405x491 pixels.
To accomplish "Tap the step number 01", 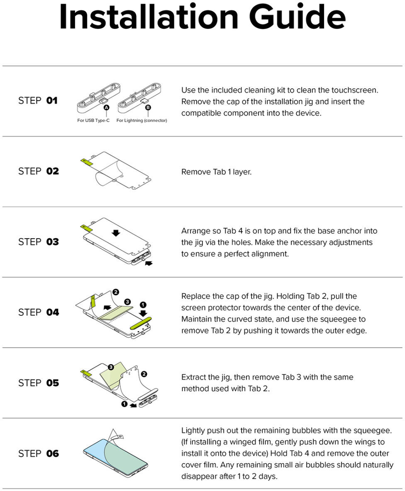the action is click(52, 101).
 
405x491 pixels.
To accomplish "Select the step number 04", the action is click(53, 312).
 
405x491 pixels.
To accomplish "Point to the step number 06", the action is click(53, 453).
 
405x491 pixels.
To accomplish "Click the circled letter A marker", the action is click(106, 107).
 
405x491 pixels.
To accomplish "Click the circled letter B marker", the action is click(148, 107).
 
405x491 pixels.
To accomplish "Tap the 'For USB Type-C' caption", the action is click(93, 120).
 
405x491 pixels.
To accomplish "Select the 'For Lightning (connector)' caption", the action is click(142, 120).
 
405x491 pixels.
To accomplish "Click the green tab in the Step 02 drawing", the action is click(87, 162).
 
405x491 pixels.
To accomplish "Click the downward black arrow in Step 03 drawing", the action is click(116, 233).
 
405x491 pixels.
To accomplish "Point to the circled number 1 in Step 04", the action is click(143, 305).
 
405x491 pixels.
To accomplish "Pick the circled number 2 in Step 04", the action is click(116, 292).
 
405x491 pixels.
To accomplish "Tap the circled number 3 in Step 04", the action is click(127, 302).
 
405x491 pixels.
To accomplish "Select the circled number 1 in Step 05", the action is click(124, 404).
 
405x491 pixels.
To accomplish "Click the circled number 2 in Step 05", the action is click(144, 374).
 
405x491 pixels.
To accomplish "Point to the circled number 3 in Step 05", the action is click(111, 367).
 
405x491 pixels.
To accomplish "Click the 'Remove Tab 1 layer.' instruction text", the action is click(217, 172).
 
